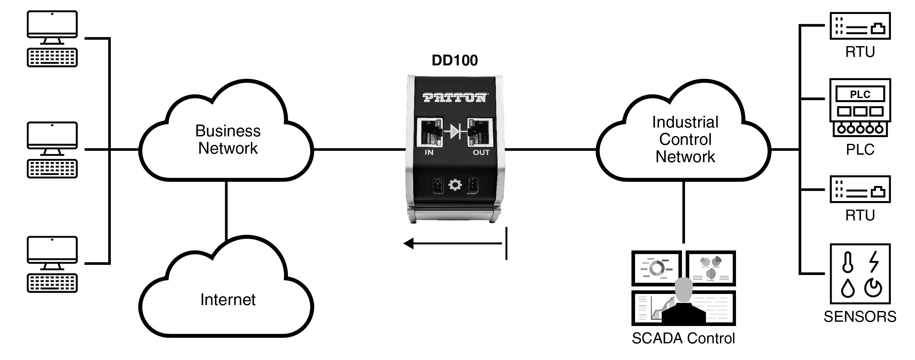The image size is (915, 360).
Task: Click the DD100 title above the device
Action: pyautogui.click(x=455, y=60)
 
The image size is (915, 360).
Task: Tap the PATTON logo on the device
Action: pyautogui.click(x=455, y=97)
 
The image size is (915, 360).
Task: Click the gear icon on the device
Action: pyautogui.click(x=455, y=185)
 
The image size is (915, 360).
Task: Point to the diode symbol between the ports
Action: pyautogui.click(x=455, y=131)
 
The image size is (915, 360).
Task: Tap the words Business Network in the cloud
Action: pyautogui.click(x=228, y=140)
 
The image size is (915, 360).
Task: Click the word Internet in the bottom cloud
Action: pyautogui.click(x=228, y=300)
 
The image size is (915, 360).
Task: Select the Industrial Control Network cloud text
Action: pyautogui.click(x=685, y=140)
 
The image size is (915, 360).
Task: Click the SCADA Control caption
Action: pyautogui.click(x=683, y=338)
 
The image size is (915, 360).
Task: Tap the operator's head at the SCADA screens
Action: pyautogui.click(x=684, y=289)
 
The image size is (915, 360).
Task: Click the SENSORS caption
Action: pyautogui.click(x=860, y=317)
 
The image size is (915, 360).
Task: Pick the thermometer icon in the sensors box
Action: pyautogui.click(x=848, y=262)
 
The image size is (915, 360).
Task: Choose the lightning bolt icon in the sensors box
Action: pyautogui.click(x=874, y=262)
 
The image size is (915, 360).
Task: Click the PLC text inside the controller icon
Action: pyautogui.click(x=860, y=94)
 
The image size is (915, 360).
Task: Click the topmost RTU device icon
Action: pyautogui.click(x=860, y=26)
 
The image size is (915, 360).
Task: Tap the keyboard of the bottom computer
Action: pyautogui.click(x=52, y=283)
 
